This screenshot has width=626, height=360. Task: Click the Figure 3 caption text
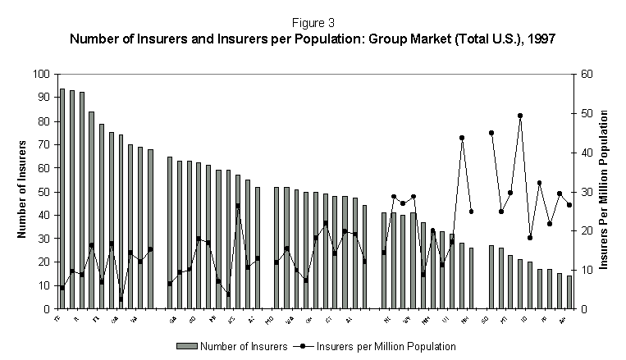pos(312,23)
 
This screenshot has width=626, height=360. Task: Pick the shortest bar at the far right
pos(569,293)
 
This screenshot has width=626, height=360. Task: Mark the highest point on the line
pos(520,116)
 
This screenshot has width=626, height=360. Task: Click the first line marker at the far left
pos(62,288)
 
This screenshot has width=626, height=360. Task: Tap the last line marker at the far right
pos(569,205)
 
